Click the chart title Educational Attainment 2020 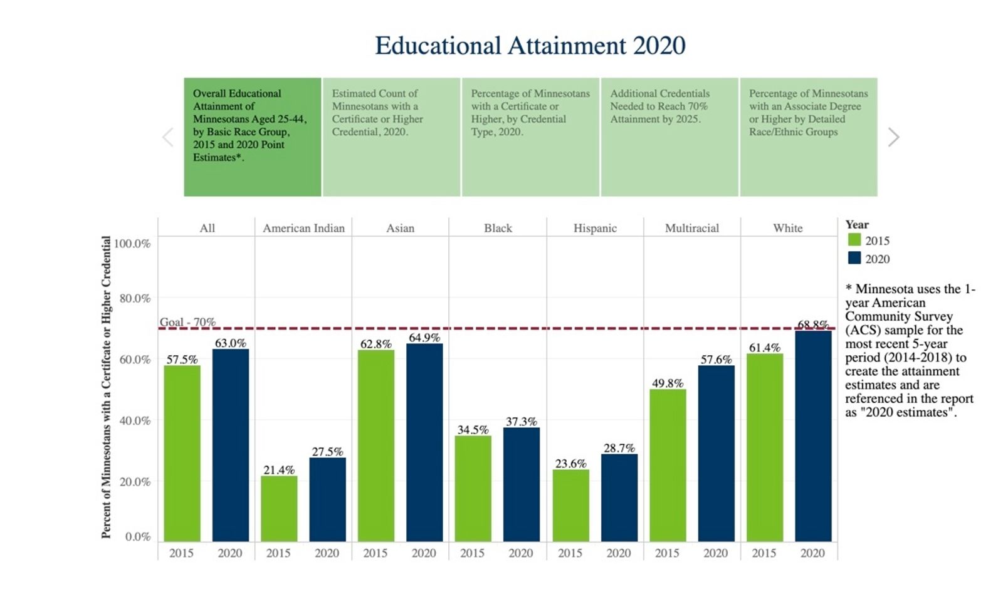pyautogui.click(x=530, y=46)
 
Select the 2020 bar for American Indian pyautogui.click(x=327, y=499)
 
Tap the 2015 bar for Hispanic pyautogui.click(x=570, y=506)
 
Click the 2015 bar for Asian pyautogui.click(x=376, y=445)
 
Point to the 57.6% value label pyautogui.click(x=716, y=360)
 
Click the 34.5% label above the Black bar pyautogui.click(x=473, y=430)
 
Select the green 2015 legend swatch pyautogui.click(x=854, y=240)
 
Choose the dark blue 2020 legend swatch pyautogui.click(x=854, y=258)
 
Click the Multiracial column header pyautogui.click(x=691, y=228)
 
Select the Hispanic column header pyautogui.click(x=595, y=228)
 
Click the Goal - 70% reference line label pyautogui.click(x=187, y=322)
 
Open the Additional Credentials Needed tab pyautogui.click(x=669, y=137)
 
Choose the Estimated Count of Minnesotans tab pyautogui.click(x=391, y=137)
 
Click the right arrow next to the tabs pyautogui.click(x=894, y=137)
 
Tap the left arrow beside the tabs pyautogui.click(x=167, y=137)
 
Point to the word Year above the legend pyautogui.click(x=857, y=224)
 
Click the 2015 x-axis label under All pyautogui.click(x=181, y=553)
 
